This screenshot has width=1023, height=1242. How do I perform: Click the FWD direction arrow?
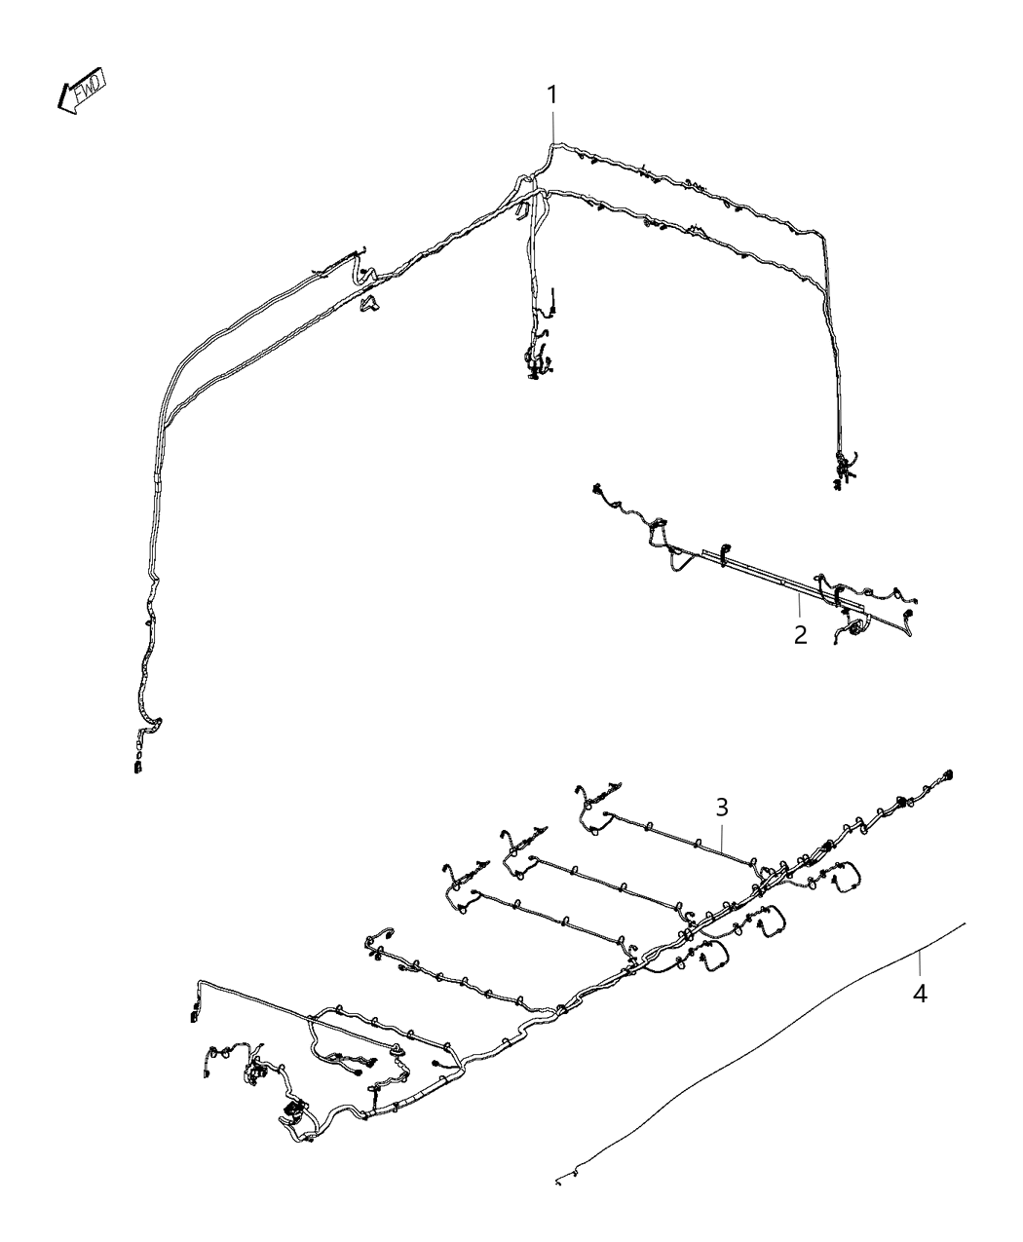[82, 92]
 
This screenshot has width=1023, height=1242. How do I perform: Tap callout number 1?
[552, 95]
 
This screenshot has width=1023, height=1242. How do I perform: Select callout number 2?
[800, 636]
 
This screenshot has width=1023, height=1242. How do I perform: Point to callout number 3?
[722, 807]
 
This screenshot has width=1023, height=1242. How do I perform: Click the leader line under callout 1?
[553, 127]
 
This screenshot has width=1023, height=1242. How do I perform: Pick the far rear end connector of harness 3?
[948, 774]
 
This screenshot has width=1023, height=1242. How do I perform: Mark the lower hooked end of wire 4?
[560, 1181]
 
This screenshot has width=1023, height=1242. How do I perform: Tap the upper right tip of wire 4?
[964, 922]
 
